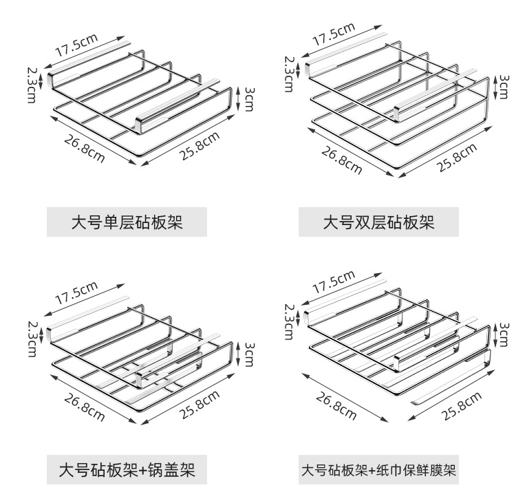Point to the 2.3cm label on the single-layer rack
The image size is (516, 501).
32,84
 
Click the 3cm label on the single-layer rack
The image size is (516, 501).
248,99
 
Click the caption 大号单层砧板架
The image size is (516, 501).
127,222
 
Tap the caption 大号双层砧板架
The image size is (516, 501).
378,222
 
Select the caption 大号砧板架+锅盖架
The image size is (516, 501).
127,471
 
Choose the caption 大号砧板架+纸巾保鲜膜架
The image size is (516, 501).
378,471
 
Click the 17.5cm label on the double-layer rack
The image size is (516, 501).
333,34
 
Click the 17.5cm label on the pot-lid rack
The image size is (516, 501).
77,292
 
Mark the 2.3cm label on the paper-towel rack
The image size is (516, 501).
288,321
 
